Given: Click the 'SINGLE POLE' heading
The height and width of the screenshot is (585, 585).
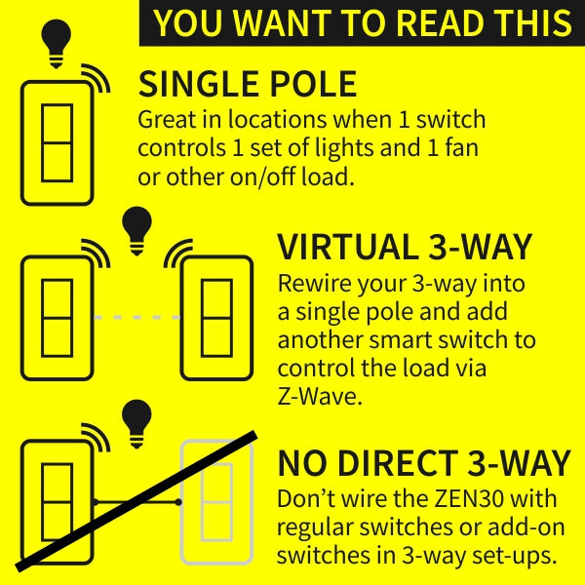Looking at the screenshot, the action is (x=248, y=84).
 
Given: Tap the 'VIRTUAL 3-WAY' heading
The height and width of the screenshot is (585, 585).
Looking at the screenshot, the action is (x=405, y=247).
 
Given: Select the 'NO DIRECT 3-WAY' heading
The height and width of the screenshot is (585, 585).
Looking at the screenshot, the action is (x=424, y=462).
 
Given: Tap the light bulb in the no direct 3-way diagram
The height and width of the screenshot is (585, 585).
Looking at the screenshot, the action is (x=136, y=424).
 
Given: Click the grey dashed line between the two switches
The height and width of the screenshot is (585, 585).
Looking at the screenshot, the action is (x=136, y=318).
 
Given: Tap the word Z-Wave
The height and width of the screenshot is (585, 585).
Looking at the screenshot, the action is (x=320, y=397).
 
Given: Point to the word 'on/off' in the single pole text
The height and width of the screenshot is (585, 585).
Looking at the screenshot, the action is (x=262, y=176).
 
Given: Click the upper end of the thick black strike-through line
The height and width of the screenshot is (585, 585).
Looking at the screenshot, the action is (x=254, y=435).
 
